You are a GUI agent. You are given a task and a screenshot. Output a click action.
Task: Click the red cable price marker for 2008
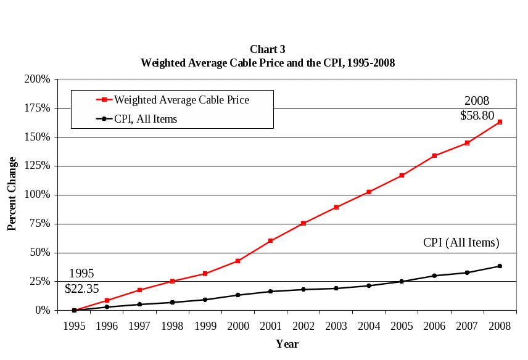[500, 122]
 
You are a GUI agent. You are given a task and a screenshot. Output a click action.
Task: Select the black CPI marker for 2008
[500, 266]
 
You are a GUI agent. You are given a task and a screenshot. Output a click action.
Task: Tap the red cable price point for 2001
[270, 241]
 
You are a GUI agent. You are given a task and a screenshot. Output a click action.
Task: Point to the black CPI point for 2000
[237, 295]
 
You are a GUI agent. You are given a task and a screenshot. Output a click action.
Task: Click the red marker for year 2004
[369, 192]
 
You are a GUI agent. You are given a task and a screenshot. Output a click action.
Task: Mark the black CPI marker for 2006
[434, 276]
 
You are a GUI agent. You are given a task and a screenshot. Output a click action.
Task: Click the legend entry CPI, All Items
[146, 119]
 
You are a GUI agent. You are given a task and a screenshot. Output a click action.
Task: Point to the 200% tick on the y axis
[37, 79]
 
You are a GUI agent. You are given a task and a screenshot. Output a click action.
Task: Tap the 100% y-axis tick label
[37, 195]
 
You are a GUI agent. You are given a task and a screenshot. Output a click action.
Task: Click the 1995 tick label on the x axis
[74, 325]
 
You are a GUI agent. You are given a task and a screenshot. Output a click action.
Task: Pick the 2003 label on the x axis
[336, 325]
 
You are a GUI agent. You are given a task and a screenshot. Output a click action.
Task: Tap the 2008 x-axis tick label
[500, 325]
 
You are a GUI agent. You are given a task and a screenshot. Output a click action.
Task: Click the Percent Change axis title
[12, 194]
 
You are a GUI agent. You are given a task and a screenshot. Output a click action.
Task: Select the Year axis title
[287, 344]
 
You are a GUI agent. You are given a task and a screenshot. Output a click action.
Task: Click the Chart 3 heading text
[268, 49]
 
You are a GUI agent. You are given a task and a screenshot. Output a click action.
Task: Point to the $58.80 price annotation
[477, 115]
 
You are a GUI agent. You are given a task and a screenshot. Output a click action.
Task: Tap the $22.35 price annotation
[81, 288]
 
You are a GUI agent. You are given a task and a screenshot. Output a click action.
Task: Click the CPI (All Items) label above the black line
[461, 243]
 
